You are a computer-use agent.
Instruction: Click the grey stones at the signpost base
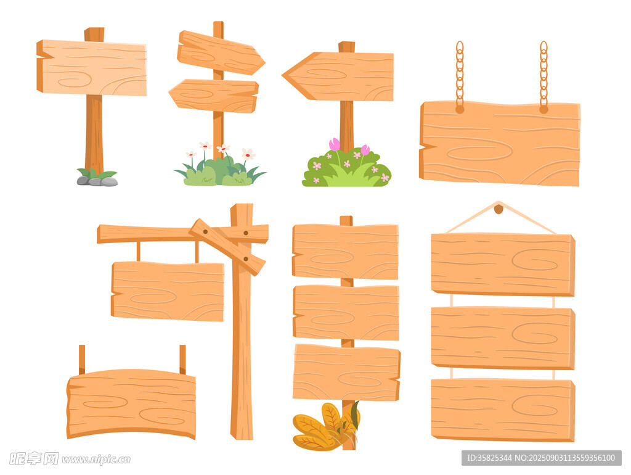[97, 181]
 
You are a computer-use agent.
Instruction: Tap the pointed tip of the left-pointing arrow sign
[282, 75]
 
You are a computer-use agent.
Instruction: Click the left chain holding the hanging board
[460, 76]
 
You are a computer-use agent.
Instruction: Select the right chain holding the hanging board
[543, 76]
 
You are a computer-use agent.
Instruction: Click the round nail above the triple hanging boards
[499, 209]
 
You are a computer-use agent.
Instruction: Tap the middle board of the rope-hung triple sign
[503, 338]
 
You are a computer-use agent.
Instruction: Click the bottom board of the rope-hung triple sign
[503, 410]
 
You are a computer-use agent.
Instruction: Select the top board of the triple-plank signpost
[345, 252]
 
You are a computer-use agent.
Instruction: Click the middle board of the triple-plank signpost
[346, 313]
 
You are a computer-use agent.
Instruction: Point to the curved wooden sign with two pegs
[131, 403]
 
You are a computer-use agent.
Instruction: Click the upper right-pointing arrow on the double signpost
[220, 53]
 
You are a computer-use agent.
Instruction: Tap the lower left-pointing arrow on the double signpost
[214, 96]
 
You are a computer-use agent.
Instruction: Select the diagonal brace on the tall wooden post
[227, 247]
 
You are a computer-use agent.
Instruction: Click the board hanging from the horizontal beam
[168, 291]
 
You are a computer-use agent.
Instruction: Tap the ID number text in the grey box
[489, 458]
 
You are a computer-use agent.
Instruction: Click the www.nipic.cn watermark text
[96, 460]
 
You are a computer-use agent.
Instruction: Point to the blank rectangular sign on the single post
[92, 68]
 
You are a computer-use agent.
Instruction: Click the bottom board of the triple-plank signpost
[346, 372]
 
